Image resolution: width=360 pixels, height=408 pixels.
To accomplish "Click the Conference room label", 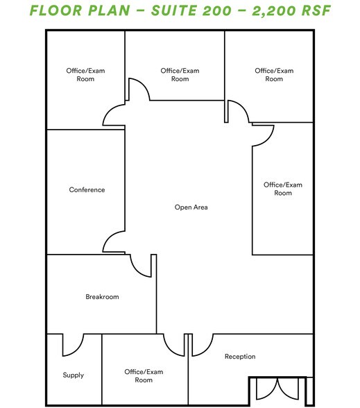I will (87, 189).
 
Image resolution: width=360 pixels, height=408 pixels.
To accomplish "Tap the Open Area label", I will (191, 207).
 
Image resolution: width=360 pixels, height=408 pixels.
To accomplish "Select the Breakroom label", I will (102, 297).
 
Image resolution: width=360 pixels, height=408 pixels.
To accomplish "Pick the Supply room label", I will (73, 375).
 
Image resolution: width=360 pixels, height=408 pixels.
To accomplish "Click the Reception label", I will (240, 357).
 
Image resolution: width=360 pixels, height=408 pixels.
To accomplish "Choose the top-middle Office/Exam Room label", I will (180, 75).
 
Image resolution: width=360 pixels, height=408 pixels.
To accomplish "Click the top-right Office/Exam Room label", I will (274, 75).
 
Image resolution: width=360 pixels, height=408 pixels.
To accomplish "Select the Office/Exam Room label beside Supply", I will (144, 376).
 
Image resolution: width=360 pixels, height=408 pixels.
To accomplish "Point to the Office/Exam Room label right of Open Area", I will (282, 189).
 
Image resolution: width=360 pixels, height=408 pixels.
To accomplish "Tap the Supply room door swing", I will (72, 343).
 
